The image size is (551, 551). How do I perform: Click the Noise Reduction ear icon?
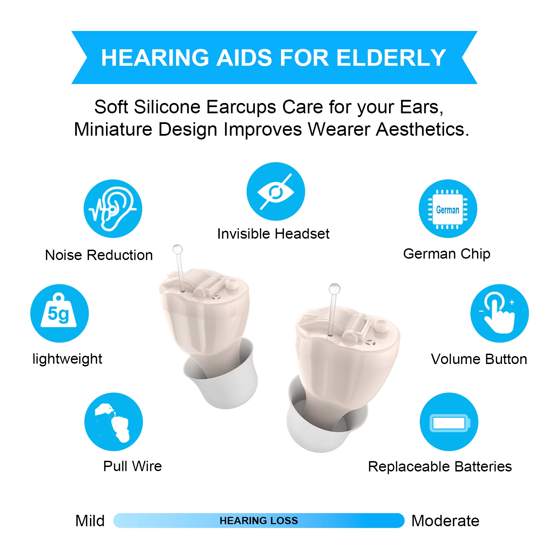coord(113,209)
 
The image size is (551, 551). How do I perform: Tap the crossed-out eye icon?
coord(275,191)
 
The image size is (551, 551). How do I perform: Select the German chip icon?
coord(448,209)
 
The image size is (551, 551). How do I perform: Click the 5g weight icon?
coord(60,313)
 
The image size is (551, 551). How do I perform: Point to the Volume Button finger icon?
coord(499,313)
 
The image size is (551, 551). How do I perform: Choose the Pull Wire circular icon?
coord(114,422)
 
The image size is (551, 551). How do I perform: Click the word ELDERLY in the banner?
coord(391,58)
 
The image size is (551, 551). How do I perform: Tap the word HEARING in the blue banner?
coord(155,58)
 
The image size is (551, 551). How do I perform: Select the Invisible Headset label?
coord(273,234)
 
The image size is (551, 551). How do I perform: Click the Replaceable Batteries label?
coord(440,467)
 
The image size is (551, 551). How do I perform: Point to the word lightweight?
coord(67,359)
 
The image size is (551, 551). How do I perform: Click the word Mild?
coord(90,521)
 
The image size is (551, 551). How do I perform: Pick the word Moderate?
coord(445,521)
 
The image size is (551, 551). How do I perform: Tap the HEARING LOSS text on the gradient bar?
coord(259,521)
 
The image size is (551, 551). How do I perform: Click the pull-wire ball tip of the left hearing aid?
coord(177,249)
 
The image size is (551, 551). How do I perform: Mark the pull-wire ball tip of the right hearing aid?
coord(334,289)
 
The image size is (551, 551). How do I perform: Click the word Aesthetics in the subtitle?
coord(423,129)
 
